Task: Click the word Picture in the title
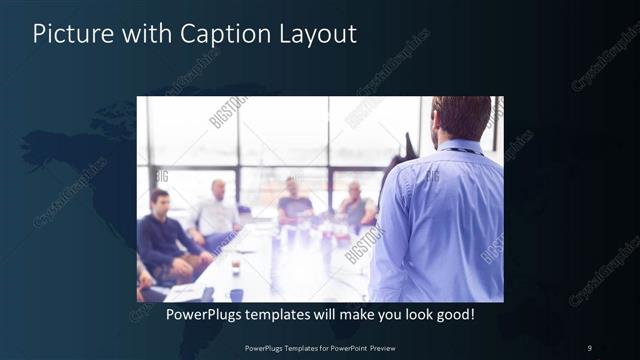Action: [67, 34]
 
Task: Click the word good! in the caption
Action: [451, 315]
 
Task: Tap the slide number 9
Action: [589, 347]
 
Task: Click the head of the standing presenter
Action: [462, 118]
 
